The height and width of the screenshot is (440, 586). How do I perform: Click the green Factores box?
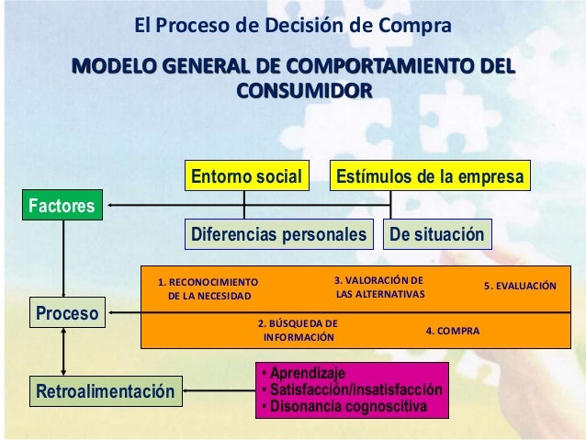(62, 205)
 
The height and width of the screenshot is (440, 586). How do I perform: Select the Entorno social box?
(244, 175)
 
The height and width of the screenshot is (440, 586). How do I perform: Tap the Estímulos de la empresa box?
(429, 175)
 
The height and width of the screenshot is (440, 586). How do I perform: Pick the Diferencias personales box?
(277, 234)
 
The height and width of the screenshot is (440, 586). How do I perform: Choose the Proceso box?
(67, 314)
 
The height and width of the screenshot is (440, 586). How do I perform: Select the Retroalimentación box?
(104, 393)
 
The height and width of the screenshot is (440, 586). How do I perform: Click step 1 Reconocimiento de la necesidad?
(208, 289)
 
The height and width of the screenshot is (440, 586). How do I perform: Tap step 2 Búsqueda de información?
(298, 331)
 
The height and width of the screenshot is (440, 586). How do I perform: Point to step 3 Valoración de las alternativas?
(379, 288)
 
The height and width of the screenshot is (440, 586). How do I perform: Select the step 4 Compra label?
(452, 329)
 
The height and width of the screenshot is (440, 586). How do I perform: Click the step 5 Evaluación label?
(520, 286)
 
